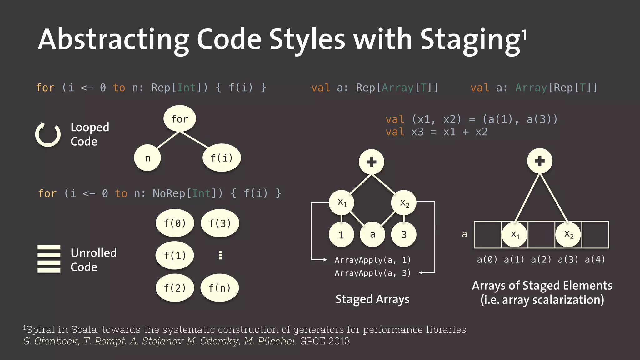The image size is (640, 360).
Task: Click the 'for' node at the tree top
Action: coord(180,119)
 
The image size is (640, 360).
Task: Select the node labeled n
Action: coord(147,158)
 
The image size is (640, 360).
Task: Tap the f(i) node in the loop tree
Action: coord(222,158)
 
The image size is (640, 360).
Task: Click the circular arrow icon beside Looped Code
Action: coord(48,135)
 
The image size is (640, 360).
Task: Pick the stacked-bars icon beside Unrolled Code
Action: coord(49,259)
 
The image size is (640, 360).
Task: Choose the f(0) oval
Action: coord(175,223)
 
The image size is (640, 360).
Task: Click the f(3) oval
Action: coord(220,223)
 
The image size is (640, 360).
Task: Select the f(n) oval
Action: coord(219,288)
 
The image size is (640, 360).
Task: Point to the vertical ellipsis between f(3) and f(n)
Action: coord(220,255)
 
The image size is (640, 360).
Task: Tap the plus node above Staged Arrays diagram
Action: coord(371,162)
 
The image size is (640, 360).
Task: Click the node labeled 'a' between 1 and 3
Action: coord(372,234)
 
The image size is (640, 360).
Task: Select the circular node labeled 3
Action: coord(404,234)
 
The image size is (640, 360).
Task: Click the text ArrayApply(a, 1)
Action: coord(372,260)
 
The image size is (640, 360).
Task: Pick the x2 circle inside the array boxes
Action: coord(568,234)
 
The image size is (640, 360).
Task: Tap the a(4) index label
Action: coord(595,259)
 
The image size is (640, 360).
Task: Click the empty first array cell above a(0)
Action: coord(487,234)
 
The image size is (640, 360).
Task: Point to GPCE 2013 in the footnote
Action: coord(325,341)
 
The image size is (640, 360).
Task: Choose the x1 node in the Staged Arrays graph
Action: coord(342,202)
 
